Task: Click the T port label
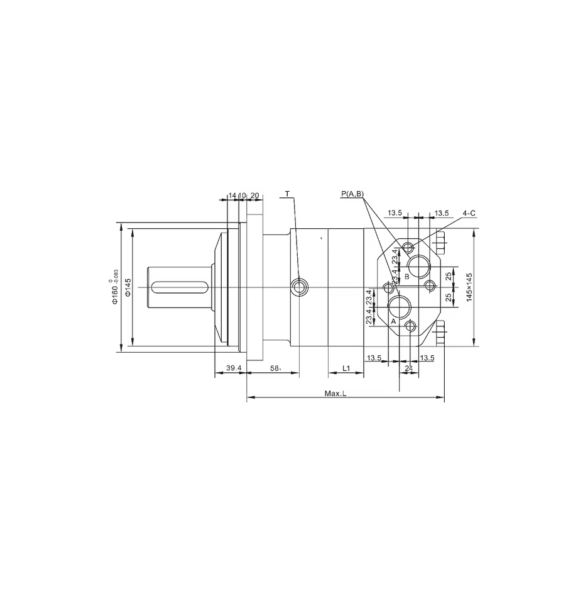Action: click(287, 194)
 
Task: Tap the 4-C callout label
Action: click(469, 213)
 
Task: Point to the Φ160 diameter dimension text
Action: click(115, 287)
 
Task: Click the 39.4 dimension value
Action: click(234, 367)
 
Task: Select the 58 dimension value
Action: click(275, 367)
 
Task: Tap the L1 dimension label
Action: click(346, 367)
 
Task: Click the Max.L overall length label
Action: click(335, 394)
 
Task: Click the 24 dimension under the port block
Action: click(409, 367)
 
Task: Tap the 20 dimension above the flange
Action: click(254, 196)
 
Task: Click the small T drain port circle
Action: click(299, 287)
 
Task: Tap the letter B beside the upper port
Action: click(406, 277)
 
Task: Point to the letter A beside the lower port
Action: click(393, 321)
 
